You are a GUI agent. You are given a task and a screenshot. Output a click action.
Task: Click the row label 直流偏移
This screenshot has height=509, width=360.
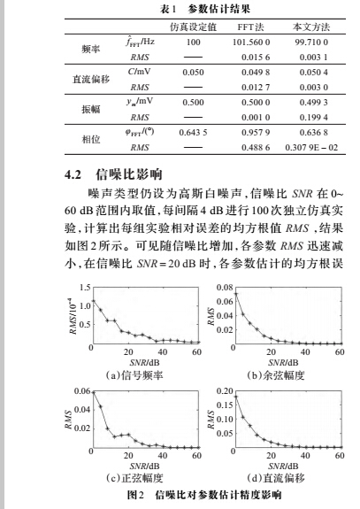coord(88,78)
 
